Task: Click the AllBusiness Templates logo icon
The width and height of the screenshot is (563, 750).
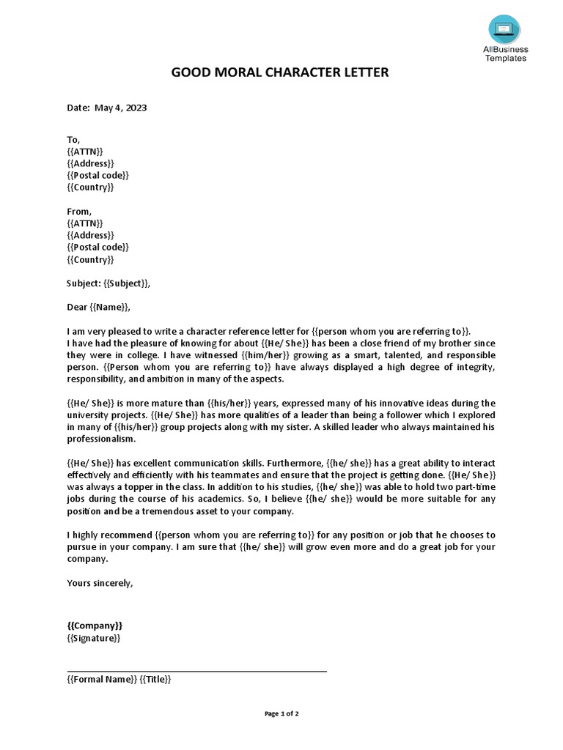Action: [x=506, y=30]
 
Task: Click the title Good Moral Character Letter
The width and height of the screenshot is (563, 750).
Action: [x=280, y=73]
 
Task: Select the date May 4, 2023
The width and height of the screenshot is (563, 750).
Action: [x=120, y=108]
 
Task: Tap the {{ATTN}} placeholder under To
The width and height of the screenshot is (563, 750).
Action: [x=85, y=151]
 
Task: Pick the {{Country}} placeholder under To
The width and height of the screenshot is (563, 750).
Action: [x=90, y=187]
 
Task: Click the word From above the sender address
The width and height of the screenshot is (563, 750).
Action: [x=79, y=211]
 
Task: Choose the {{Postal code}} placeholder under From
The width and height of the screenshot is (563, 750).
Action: [x=97, y=247]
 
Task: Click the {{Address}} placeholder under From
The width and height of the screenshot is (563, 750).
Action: [x=90, y=235]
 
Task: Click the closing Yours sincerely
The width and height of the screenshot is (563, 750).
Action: [x=100, y=583]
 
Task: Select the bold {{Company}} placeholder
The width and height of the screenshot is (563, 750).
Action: [x=95, y=625]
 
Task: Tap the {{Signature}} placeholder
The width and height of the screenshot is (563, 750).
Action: [x=93, y=638]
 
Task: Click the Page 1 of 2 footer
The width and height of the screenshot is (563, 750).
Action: [x=281, y=713]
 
